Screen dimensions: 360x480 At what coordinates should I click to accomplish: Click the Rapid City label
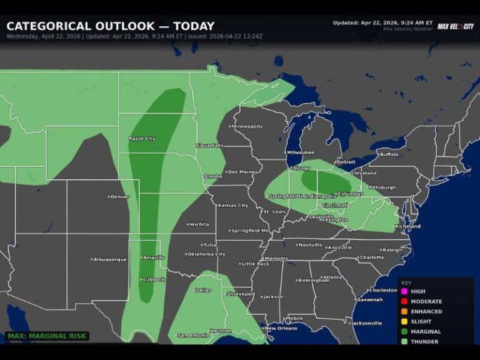click(x=143, y=138)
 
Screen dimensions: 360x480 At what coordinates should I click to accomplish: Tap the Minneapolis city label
click(x=247, y=126)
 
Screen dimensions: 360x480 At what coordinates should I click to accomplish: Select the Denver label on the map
click(x=119, y=197)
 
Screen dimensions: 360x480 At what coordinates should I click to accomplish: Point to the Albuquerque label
click(x=111, y=259)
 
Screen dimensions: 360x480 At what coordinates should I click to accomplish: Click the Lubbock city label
click(x=154, y=279)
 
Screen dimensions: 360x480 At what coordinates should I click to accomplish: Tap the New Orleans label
click(x=281, y=328)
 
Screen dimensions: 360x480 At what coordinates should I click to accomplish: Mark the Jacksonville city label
click(x=366, y=323)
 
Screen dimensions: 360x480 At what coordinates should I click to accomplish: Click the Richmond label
click(x=408, y=226)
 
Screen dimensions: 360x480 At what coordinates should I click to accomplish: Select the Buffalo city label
click(x=389, y=154)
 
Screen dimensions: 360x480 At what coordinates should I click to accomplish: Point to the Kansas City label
click(x=233, y=205)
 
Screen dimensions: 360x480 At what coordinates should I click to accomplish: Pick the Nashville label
click(x=311, y=245)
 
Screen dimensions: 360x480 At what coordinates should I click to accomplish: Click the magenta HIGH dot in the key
click(x=404, y=291)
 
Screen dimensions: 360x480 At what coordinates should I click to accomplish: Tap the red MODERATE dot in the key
click(x=404, y=301)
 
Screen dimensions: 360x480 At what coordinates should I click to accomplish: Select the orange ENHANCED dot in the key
click(x=404, y=311)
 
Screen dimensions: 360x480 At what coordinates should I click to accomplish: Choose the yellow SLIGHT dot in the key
click(x=404, y=321)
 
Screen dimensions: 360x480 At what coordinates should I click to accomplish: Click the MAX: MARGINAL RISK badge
click(x=47, y=336)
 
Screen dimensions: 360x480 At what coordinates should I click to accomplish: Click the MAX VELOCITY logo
click(x=455, y=26)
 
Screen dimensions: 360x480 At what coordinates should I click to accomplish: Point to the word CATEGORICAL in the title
click(x=49, y=26)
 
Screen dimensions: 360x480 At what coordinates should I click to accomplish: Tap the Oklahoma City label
click(x=206, y=254)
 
